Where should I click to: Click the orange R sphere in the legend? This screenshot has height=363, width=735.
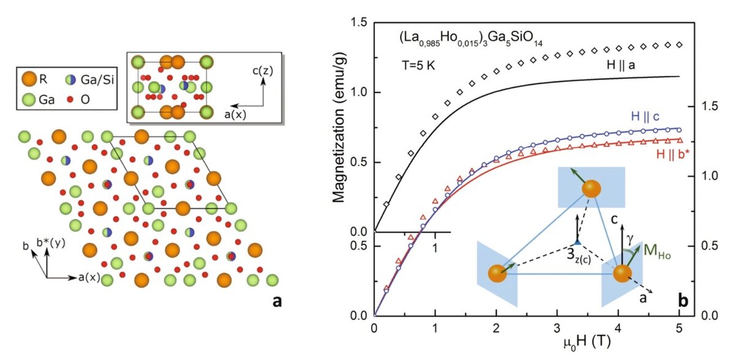pyautogui.click(x=29, y=79)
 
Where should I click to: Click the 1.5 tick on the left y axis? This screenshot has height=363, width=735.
pyautogui.click(x=358, y=23)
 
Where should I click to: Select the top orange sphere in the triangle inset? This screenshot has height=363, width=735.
pyautogui.click(x=590, y=189)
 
